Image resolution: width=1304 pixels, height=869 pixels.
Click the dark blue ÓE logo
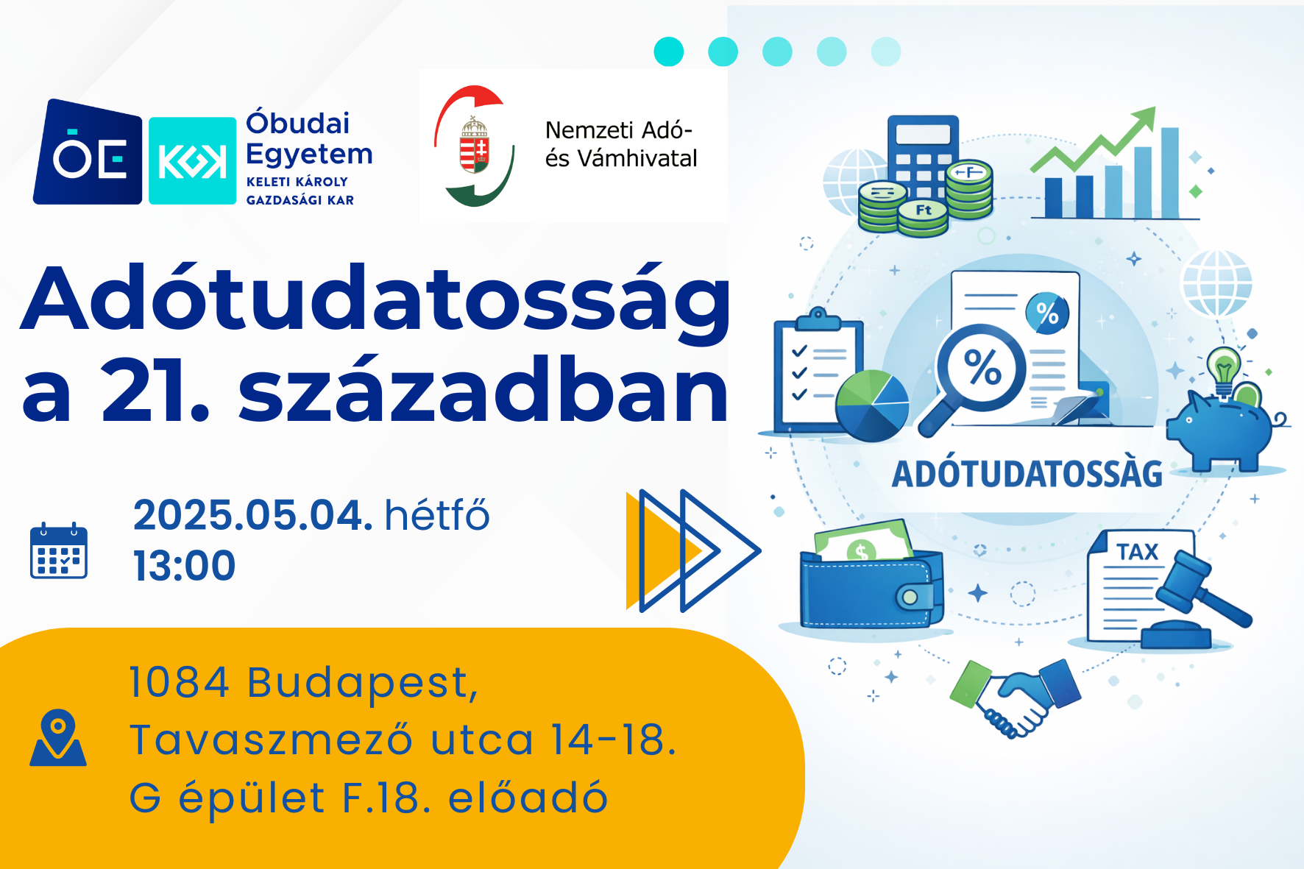click(88, 152)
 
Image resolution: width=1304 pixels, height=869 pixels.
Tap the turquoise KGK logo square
click(192, 160)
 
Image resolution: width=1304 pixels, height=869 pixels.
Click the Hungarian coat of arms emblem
click(475, 144)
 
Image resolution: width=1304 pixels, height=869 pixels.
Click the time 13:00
click(184, 566)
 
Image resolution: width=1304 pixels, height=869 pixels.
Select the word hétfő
click(437, 514)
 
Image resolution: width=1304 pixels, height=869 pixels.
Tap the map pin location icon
click(58, 737)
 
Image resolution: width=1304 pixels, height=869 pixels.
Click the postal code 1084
click(180, 682)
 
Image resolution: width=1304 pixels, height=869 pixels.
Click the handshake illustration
click(1016, 696)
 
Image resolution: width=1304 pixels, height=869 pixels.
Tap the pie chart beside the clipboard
click(872, 405)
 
